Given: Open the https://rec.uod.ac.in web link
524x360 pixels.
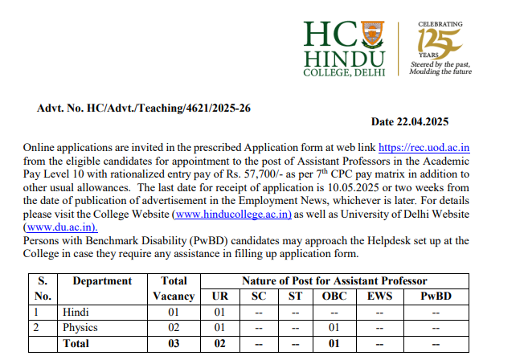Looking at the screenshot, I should coord(424,148).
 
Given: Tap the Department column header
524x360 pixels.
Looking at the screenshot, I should coord(102,281).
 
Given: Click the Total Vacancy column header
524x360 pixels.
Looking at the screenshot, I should coord(174,288).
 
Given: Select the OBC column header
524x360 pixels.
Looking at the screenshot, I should coord(332,296).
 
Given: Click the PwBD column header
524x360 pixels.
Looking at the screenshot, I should coord(436,296).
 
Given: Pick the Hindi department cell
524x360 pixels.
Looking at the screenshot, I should coord(75,312).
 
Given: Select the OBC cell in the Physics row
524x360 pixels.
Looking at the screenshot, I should coord(332,327).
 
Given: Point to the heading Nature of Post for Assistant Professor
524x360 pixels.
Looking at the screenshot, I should coord(334,281).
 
